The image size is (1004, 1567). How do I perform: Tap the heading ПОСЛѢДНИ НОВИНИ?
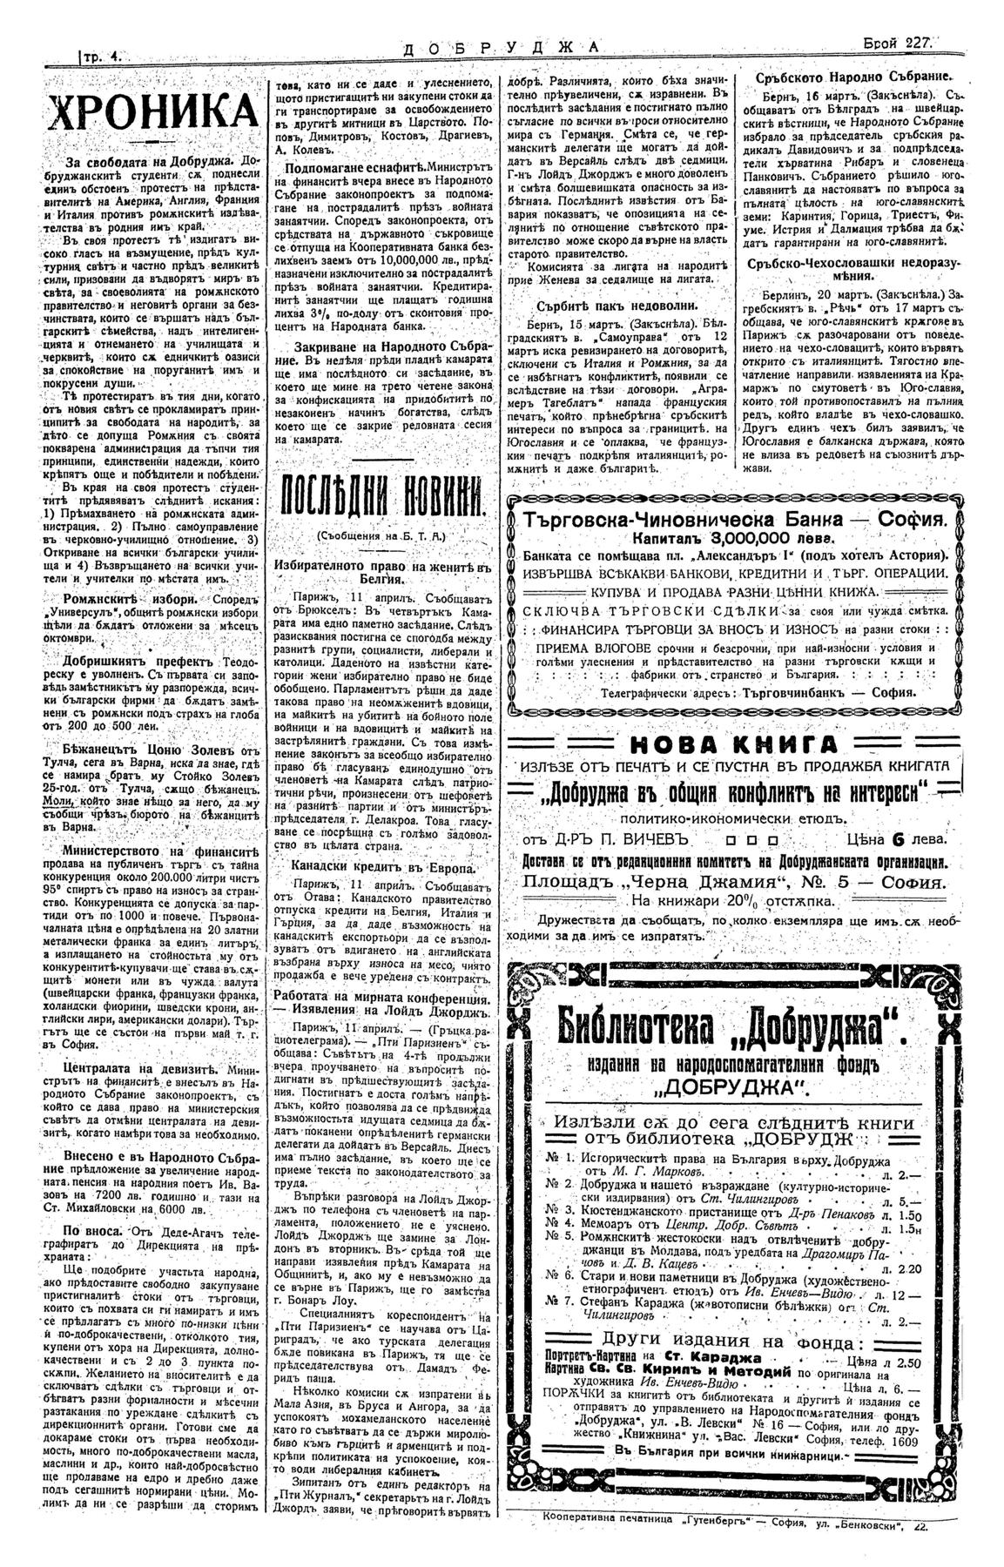(381, 502)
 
